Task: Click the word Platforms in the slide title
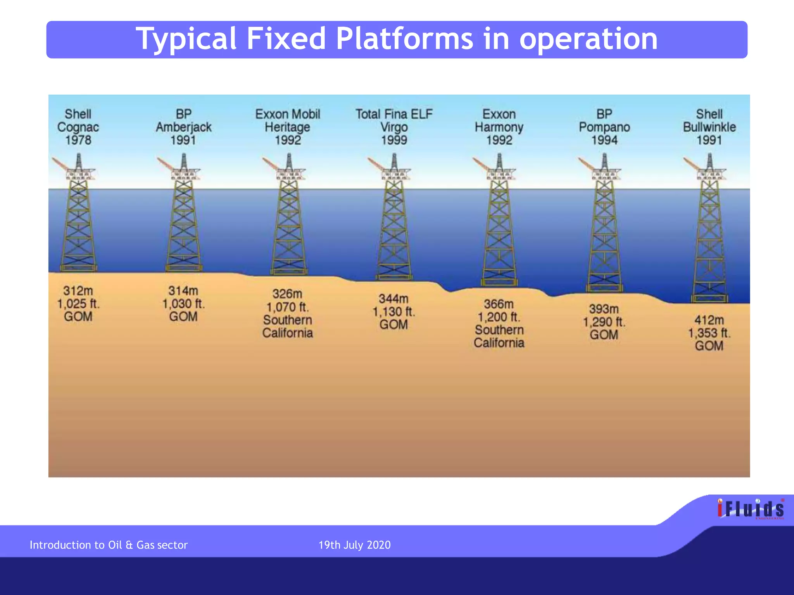(x=404, y=39)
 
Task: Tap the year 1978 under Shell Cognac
(x=78, y=140)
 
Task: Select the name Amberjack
(x=183, y=127)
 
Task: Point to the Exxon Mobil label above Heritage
(x=288, y=114)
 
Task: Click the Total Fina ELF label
(x=394, y=114)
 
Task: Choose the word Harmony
(x=499, y=127)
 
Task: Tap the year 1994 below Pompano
(x=604, y=140)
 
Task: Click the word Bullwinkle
(x=709, y=127)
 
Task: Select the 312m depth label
(x=78, y=291)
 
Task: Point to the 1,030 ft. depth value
(x=183, y=304)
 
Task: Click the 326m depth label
(x=287, y=294)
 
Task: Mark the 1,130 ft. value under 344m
(x=394, y=312)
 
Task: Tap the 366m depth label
(x=499, y=304)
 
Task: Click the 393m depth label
(x=604, y=309)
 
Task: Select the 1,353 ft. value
(x=709, y=333)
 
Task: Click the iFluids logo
(x=751, y=509)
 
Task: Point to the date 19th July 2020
(x=354, y=545)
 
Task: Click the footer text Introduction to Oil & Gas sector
(x=109, y=545)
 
